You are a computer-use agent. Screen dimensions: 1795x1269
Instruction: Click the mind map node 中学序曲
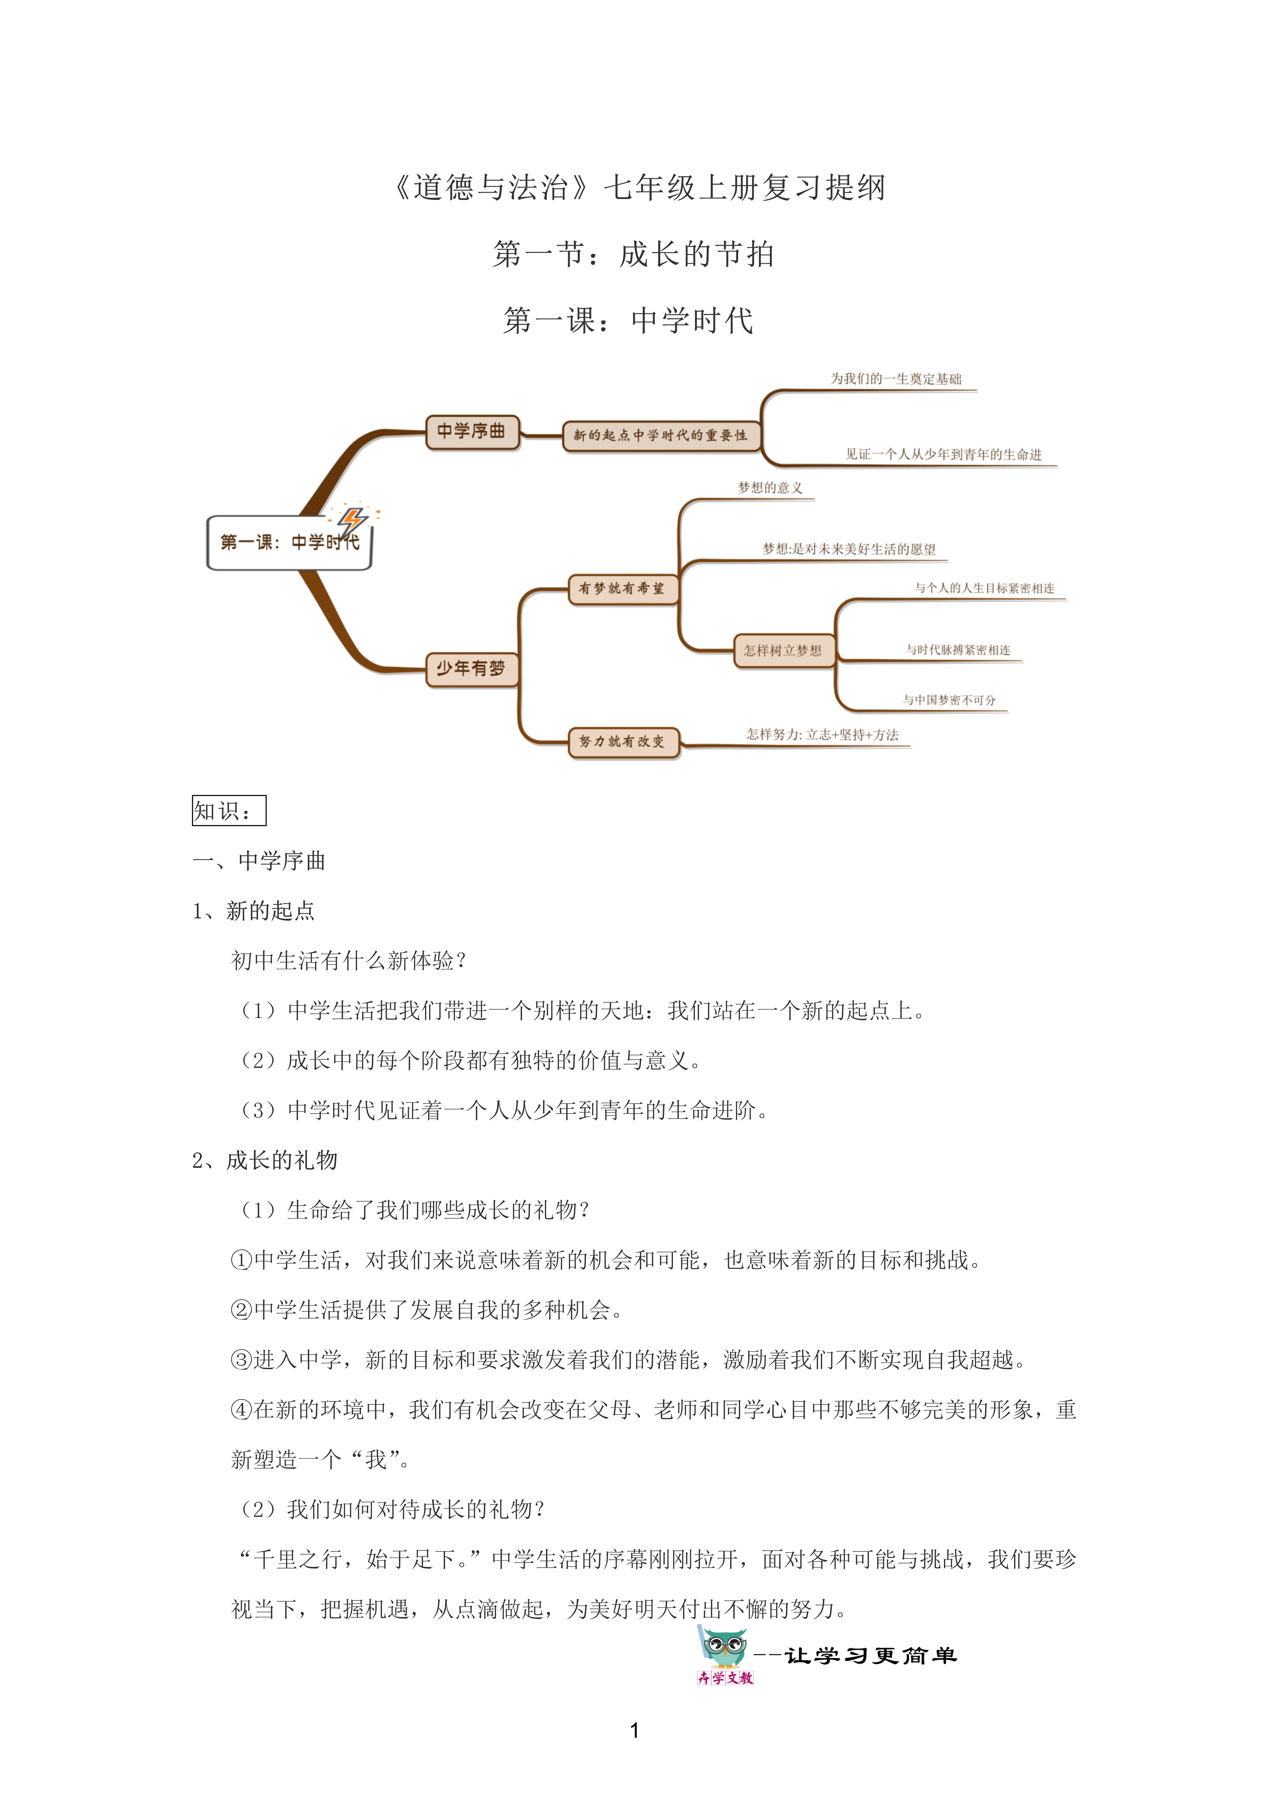tap(472, 431)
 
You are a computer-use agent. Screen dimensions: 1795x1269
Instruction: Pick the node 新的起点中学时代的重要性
tap(661, 435)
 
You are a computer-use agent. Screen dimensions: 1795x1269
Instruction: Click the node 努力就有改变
tap(623, 741)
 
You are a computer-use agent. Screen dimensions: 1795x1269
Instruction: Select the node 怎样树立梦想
tap(783, 651)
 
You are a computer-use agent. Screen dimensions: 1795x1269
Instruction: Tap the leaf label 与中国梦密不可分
tap(949, 700)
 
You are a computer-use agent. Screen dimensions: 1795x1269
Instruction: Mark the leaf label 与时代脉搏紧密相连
tap(958, 650)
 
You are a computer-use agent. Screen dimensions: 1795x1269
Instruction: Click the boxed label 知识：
tap(228, 811)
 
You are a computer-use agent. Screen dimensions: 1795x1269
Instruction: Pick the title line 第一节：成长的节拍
tap(633, 254)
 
